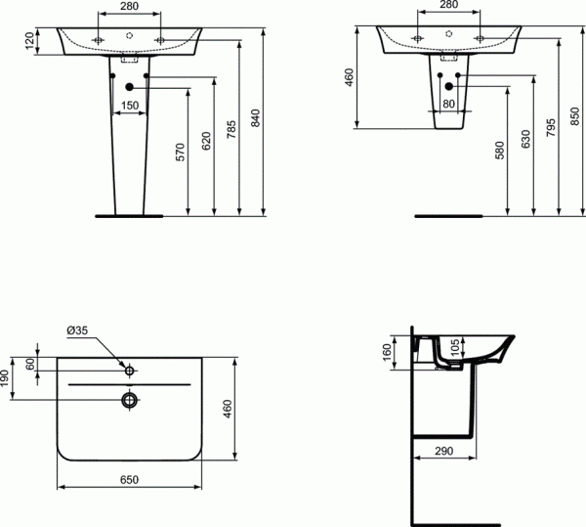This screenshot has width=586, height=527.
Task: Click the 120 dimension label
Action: click(x=30, y=40)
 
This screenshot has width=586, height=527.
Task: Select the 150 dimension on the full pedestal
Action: click(x=128, y=105)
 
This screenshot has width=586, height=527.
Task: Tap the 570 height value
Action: click(x=180, y=153)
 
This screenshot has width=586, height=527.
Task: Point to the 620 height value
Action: click(x=205, y=139)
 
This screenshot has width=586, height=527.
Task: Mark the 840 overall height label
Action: click(x=257, y=117)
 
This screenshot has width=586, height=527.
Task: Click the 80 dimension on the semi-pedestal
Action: click(x=448, y=104)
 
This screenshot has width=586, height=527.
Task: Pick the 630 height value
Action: click(x=525, y=139)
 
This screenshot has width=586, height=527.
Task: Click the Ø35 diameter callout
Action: click(x=77, y=332)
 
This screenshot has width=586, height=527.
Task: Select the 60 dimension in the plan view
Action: click(x=30, y=364)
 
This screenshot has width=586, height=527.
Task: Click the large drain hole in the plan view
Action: click(x=129, y=399)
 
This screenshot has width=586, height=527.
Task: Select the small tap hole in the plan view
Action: click(x=129, y=370)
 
